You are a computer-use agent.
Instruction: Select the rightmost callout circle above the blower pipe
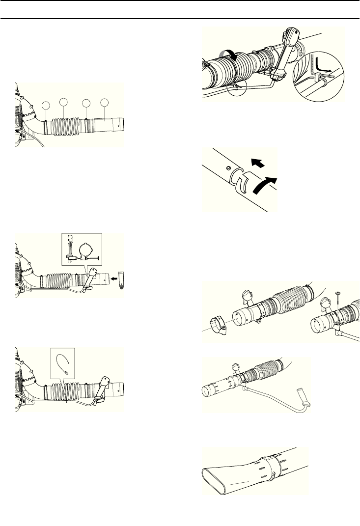tap(104, 103)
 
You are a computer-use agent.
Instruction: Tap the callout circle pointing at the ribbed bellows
tap(63, 102)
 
